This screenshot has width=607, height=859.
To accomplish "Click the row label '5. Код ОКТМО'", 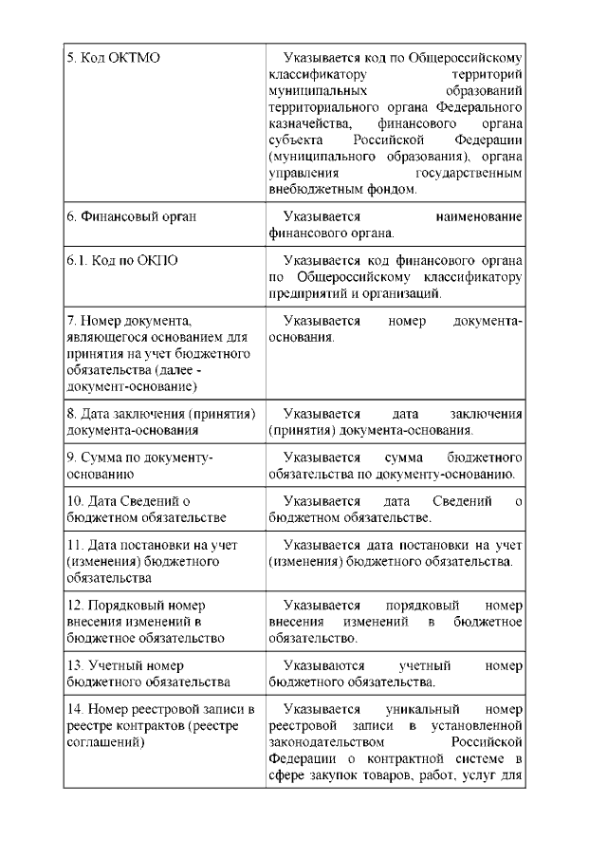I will pyautogui.click(x=113, y=58).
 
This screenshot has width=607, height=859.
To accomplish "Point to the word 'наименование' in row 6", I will pyautogui.click(x=479, y=216).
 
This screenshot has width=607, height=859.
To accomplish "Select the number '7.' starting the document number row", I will pyautogui.click(x=72, y=321).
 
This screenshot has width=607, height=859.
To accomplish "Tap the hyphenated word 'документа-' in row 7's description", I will pyautogui.click(x=487, y=321).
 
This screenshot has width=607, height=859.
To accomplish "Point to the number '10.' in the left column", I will pyautogui.click(x=76, y=501).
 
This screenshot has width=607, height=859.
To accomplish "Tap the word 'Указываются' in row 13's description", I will pyautogui.click(x=322, y=665).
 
